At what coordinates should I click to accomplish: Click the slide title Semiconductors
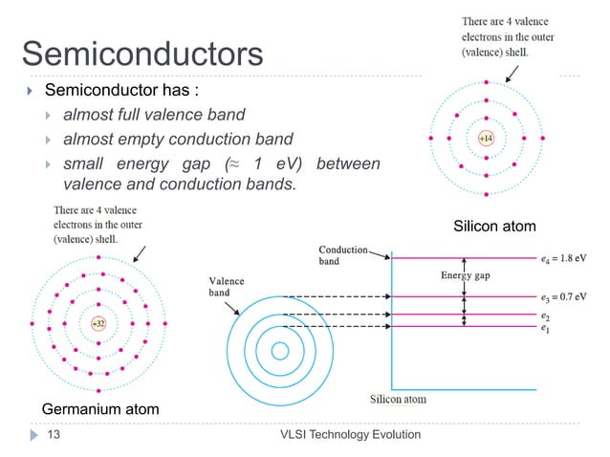pyautogui.click(x=142, y=54)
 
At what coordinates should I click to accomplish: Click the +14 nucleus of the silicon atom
pyautogui.click(x=486, y=139)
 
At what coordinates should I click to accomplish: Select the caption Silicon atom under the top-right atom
pyautogui.click(x=495, y=226)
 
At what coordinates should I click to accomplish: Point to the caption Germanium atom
pyautogui.click(x=100, y=409)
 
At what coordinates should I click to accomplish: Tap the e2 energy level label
pyautogui.click(x=545, y=314)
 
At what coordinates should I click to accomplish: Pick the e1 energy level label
pyautogui.click(x=545, y=328)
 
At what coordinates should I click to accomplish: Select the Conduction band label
pyautogui.click(x=341, y=254)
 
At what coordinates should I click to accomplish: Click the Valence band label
pyautogui.click(x=227, y=287)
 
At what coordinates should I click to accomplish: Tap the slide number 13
pyautogui.click(x=54, y=436)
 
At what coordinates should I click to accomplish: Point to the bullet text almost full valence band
pyautogui.click(x=154, y=116)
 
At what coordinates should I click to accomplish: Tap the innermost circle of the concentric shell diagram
pyautogui.click(x=280, y=351)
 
